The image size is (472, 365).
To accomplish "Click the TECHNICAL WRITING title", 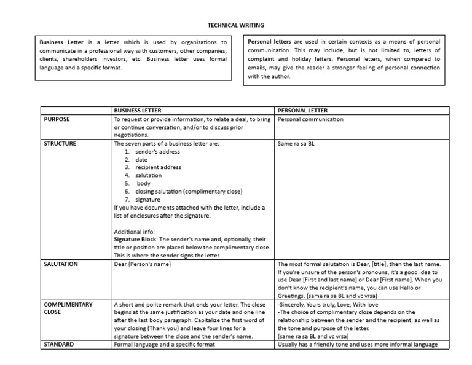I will (235, 25).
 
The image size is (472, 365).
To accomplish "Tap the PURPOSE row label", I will (58, 119).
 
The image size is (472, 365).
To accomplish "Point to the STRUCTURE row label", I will (60, 143).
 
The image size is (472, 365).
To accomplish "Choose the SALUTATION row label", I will (61, 264).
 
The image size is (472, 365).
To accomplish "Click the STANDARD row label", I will (59, 344).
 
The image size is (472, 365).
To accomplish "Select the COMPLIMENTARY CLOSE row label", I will (68, 308).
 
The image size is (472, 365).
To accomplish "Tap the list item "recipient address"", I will (159, 167).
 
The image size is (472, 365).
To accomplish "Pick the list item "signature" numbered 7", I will (147, 199).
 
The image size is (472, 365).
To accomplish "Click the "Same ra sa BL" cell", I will (296, 143).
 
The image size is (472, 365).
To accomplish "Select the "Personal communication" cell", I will (310, 119).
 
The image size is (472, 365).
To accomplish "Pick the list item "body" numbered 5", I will (143, 183).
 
